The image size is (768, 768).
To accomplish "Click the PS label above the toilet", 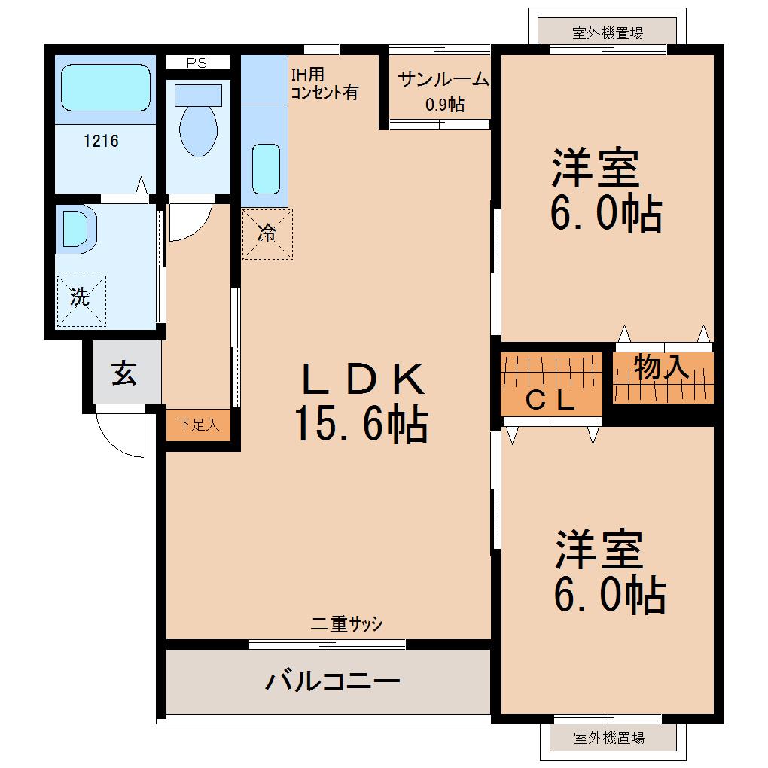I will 197,63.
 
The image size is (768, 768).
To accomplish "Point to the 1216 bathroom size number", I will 101,140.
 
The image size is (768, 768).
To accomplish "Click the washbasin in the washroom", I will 76,228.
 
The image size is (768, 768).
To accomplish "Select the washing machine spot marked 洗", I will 81,298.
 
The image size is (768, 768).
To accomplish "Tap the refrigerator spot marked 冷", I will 267,234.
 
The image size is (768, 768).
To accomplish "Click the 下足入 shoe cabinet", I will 198,425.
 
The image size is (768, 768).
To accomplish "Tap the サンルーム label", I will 443,79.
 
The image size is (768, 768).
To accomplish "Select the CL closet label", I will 550,401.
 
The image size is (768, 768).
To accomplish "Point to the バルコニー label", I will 331,682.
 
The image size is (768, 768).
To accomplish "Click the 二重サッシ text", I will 347,624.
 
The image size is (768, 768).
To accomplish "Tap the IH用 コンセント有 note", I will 324,84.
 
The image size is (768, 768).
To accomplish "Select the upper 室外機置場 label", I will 608,32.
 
